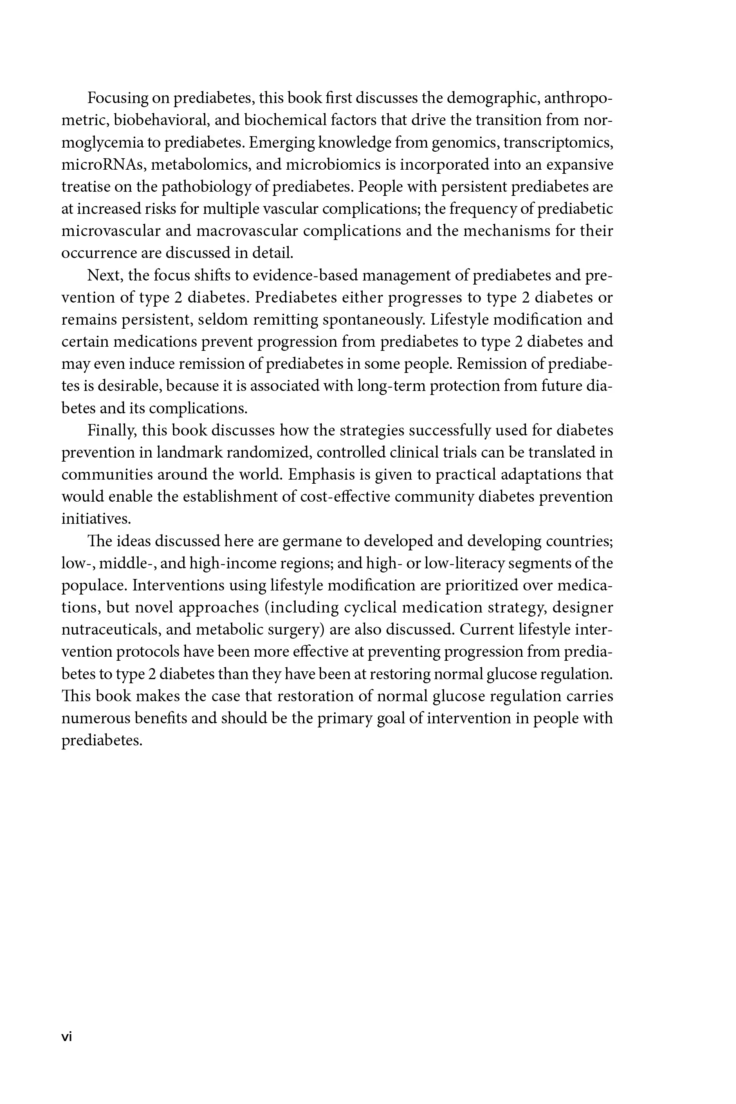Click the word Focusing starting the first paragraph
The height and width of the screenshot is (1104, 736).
point(118,99)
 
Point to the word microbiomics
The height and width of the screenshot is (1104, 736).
point(333,165)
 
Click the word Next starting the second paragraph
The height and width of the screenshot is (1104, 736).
point(105,276)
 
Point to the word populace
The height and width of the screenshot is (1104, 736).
point(94,586)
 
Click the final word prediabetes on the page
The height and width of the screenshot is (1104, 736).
point(101,740)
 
